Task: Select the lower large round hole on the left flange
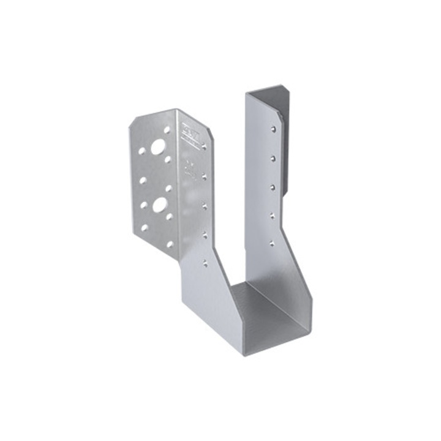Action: click(159, 205)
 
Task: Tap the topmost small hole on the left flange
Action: click(167, 130)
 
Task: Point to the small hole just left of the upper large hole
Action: click(142, 150)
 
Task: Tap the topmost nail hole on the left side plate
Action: click(204, 146)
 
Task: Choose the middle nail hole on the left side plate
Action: click(205, 206)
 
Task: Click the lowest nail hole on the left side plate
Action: click(205, 264)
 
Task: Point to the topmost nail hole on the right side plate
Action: click(273, 129)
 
